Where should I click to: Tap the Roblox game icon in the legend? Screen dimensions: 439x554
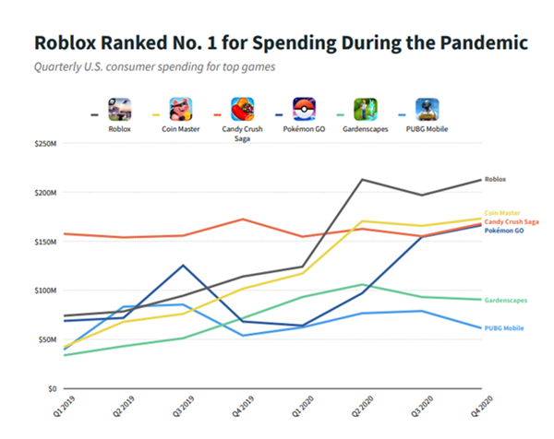click(118, 110)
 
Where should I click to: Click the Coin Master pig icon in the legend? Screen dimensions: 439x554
click(181, 110)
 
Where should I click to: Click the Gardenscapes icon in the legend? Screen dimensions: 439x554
click(367, 110)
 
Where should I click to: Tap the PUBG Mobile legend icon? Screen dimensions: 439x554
click(427, 110)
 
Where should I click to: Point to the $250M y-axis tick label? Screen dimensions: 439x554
click(44, 145)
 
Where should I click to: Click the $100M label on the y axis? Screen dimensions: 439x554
click(44, 291)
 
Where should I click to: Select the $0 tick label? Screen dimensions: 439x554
click(51, 388)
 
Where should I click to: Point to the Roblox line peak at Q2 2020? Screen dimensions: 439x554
click(362, 180)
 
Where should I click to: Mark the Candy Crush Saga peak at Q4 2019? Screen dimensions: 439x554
click(242, 219)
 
